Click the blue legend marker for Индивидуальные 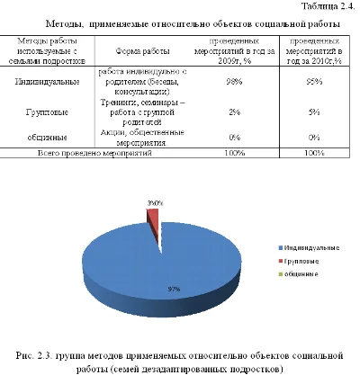click(282, 246)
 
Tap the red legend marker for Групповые click(282, 259)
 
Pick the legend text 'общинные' click(303, 272)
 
